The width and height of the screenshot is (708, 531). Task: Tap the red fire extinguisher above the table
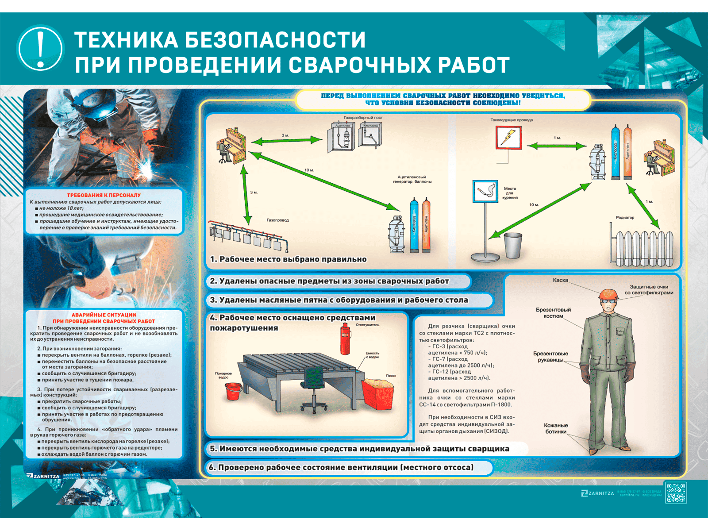click(x=345, y=339)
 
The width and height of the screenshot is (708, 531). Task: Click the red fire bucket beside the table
click(x=233, y=391)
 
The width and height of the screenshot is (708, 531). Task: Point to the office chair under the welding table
click(x=314, y=390)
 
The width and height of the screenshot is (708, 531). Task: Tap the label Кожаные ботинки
click(x=556, y=428)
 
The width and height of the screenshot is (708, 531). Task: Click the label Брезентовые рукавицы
click(x=550, y=357)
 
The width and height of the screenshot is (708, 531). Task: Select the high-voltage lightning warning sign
click(x=508, y=138)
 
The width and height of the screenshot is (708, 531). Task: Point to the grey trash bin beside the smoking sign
click(x=513, y=245)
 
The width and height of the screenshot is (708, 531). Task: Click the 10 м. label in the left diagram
click(x=309, y=170)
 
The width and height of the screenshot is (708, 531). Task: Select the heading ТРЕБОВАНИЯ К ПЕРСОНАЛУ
click(x=104, y=195)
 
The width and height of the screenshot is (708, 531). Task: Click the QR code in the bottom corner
click(x=676, y=493)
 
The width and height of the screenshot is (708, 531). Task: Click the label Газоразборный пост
click(x=363, y=118)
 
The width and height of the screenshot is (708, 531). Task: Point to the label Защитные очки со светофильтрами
click(x=649, y=290)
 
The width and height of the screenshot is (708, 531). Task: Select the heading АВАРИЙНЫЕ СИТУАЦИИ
click(x=104, y=315)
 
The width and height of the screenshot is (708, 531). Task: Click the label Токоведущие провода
click(x=512, y=120)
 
